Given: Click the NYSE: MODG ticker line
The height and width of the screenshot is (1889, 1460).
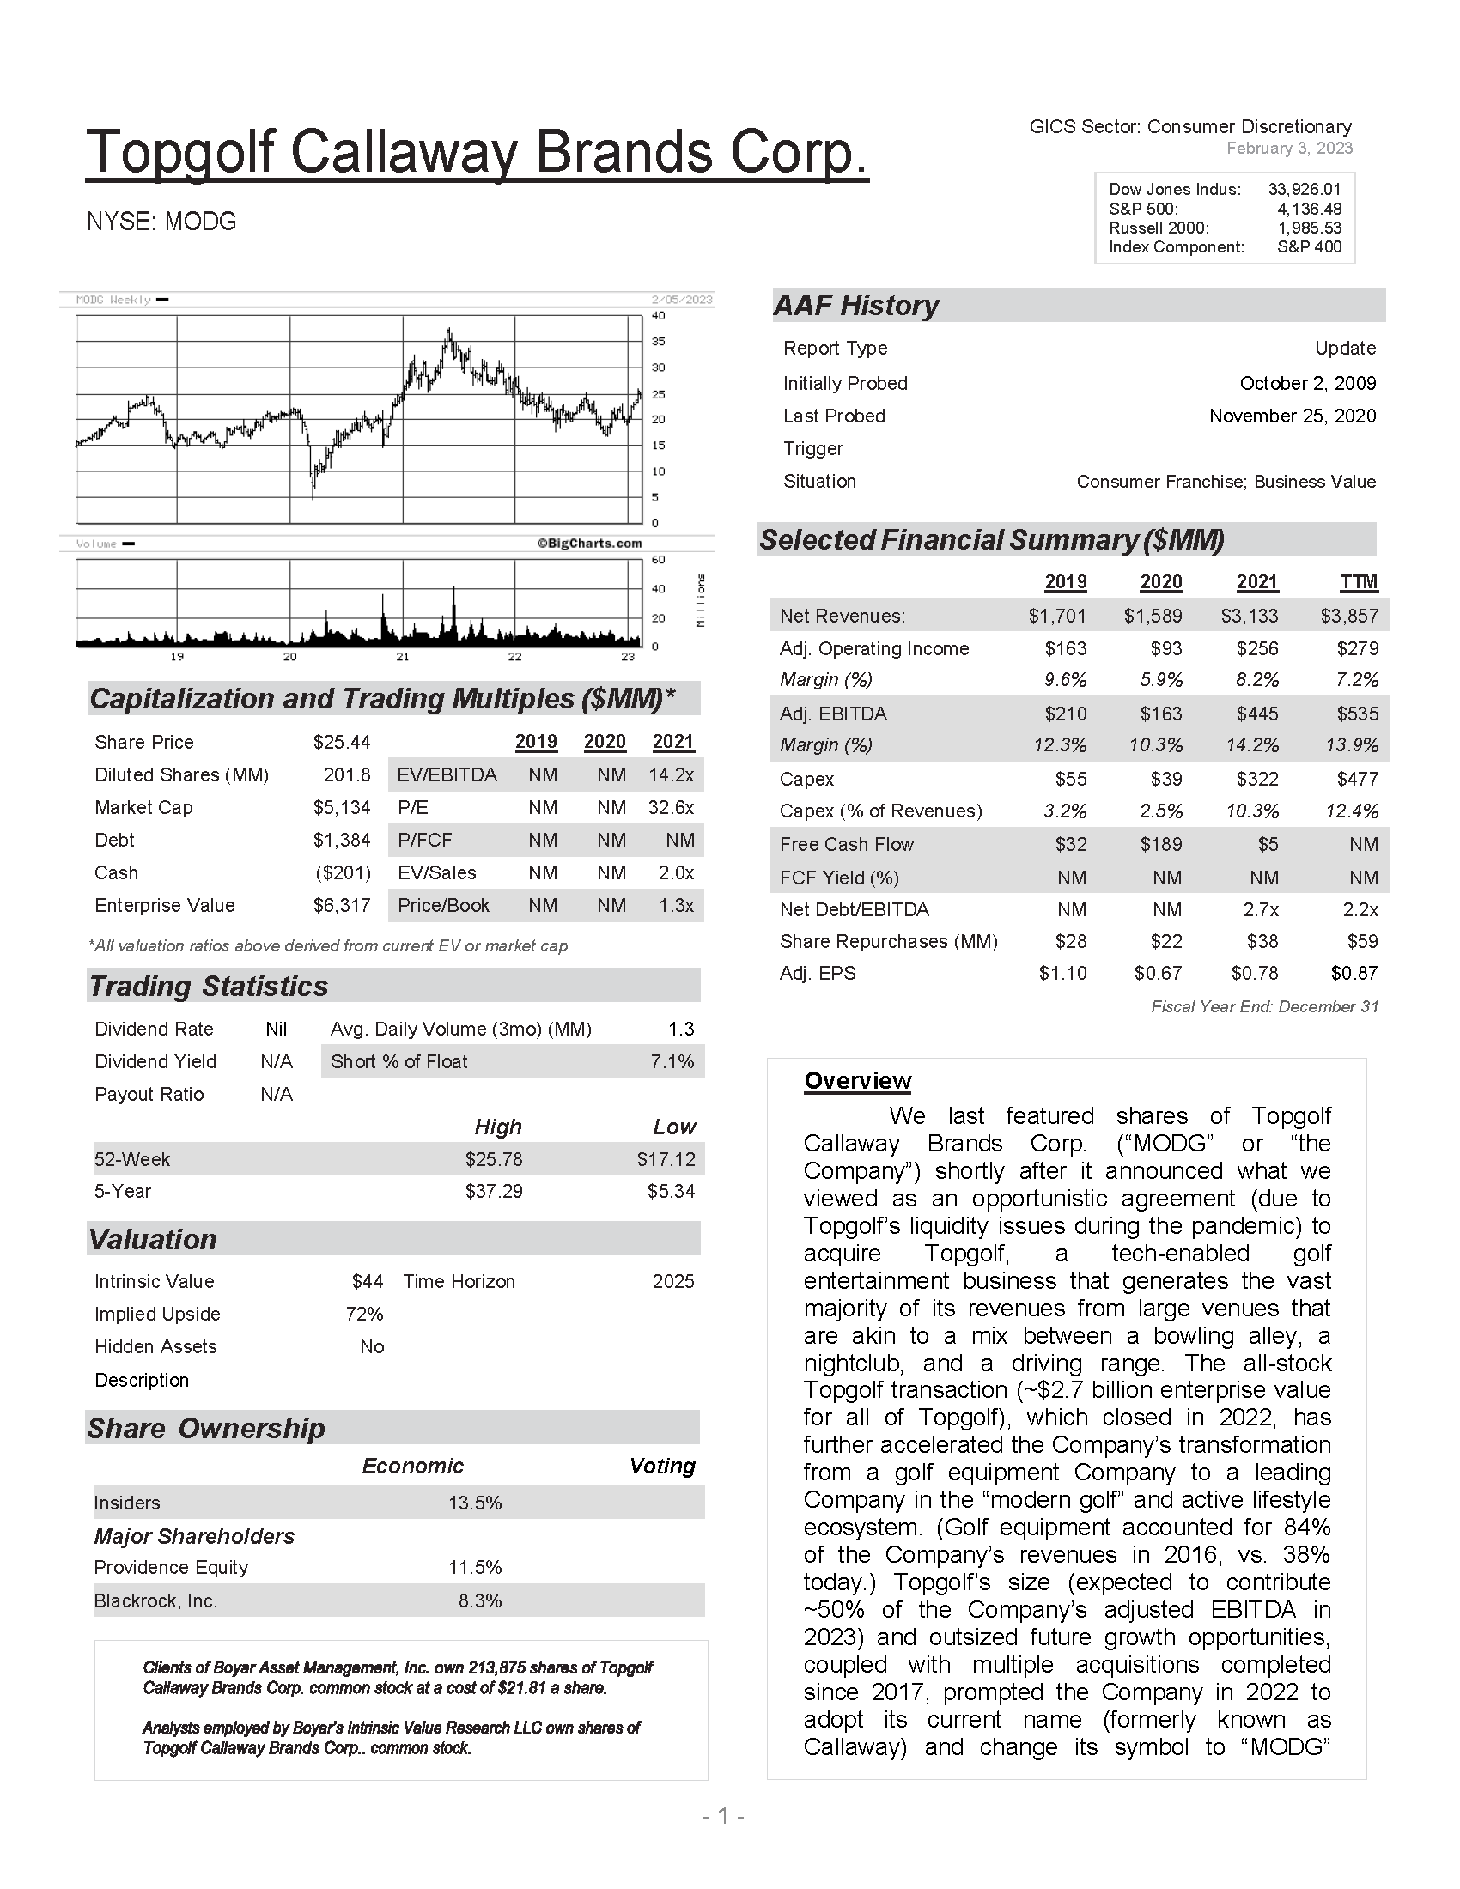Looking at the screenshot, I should coord(161,222).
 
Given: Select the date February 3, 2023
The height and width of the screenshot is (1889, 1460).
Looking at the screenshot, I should coord(1289,148).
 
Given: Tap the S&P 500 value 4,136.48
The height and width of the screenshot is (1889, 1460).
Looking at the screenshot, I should coord(1309,209).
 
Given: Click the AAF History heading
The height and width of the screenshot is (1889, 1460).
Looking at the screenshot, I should coord(855,306).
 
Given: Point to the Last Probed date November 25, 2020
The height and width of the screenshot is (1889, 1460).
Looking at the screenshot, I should coord(1292,416).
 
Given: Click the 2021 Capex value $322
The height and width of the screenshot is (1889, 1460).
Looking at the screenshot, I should coord(1258,780).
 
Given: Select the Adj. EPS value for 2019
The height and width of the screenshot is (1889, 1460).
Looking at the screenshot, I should coord(1062,973).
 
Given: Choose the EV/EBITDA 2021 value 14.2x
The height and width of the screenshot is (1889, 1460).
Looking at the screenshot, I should coord(672,775).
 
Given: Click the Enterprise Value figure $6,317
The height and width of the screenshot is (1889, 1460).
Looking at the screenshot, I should coord(342,906).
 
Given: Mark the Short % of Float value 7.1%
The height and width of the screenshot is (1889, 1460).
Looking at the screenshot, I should coord(672,1061).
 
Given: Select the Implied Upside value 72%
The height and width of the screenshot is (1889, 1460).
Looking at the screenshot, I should coord(364,1314).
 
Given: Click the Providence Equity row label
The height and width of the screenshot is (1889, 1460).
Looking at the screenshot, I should coord(171,1567).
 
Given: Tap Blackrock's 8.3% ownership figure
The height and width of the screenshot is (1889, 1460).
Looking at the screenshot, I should coord(480,1601).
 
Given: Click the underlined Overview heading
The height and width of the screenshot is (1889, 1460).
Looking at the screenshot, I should coord(857,1081).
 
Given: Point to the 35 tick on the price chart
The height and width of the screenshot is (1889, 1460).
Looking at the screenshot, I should coord(657,342).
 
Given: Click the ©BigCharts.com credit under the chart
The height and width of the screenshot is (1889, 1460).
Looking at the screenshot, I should coord(589,544).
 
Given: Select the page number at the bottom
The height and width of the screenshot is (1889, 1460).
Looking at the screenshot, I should coord(723,1816).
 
